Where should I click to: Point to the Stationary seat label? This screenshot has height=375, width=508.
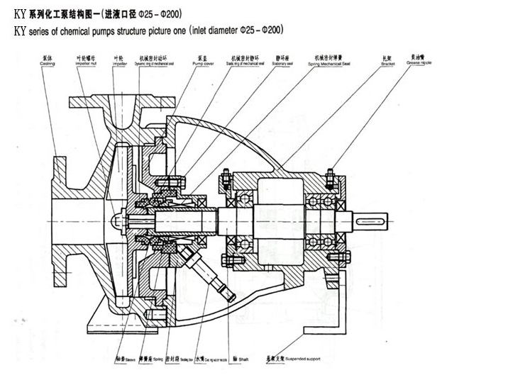tap(286, 62)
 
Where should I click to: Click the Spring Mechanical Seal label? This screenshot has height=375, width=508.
tap(330, 62)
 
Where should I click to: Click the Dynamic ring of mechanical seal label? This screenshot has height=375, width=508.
tap(153, 62)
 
